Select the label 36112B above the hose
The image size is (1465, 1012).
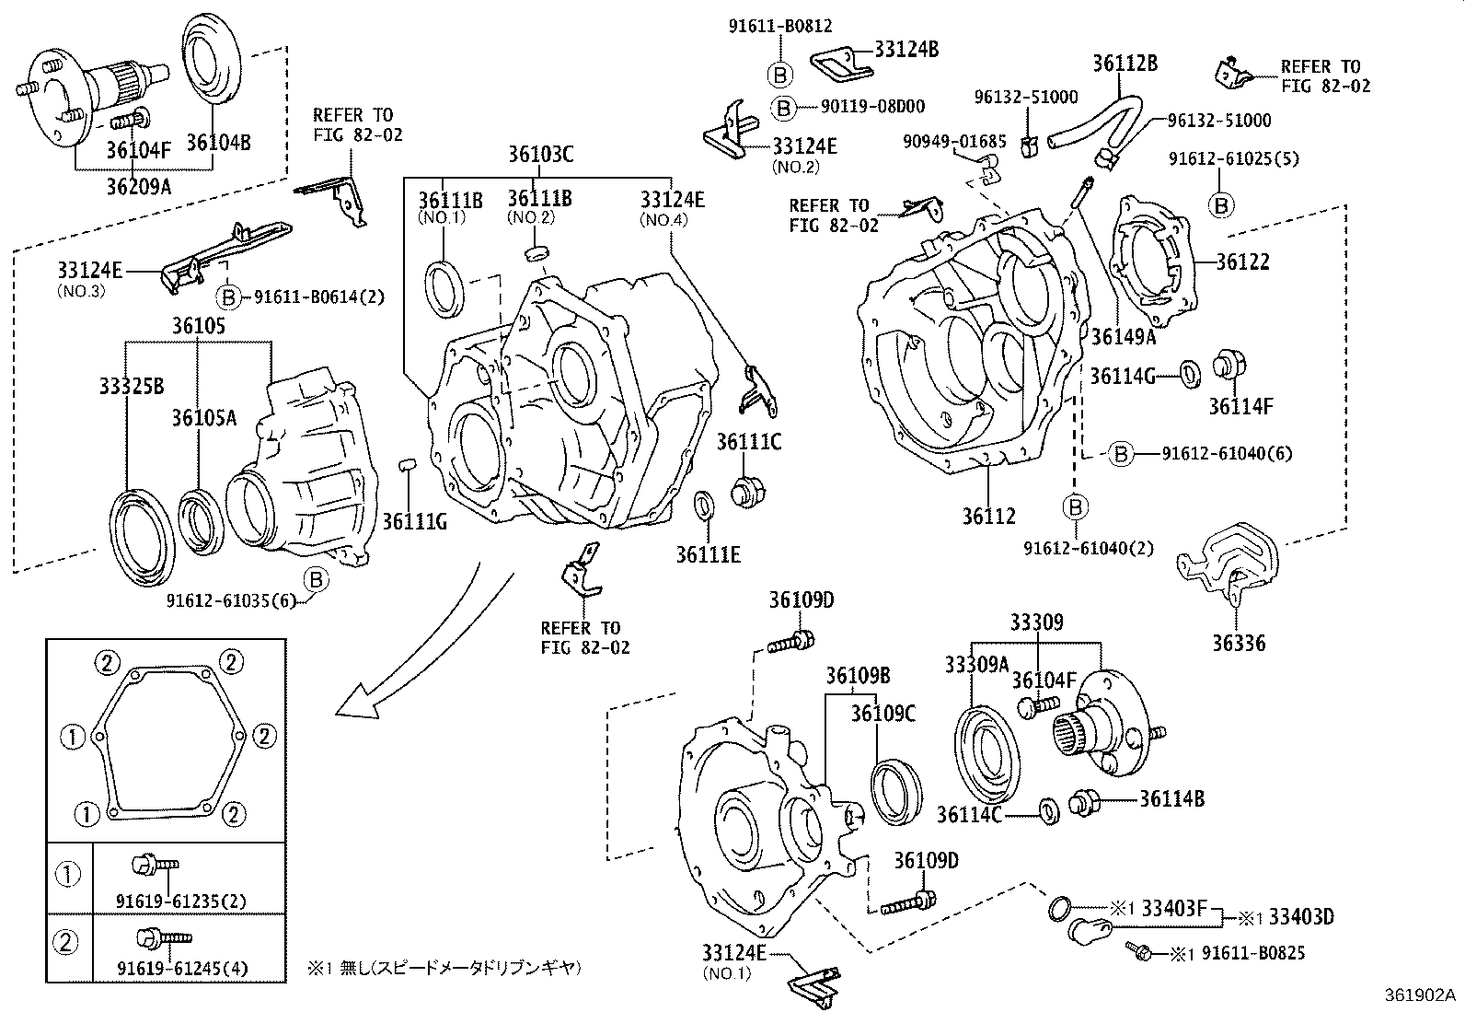(x=1125, y=64)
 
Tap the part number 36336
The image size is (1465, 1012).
(x=1238, y=643)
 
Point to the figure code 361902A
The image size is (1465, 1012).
(x=1422, y=995)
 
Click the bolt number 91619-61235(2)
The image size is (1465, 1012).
(x=168, y=901)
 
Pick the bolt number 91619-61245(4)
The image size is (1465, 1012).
(x=168, y=969)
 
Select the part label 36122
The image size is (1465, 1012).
(x=1242, y=262)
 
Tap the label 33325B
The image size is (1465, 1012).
(x=131, y=385)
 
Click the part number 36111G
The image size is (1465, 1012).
(x=415, y=522)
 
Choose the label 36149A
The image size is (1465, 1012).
(x=1123, y=337)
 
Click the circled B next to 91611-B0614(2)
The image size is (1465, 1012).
(x=227, y=297)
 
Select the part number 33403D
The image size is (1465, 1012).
(x=1301, y=916)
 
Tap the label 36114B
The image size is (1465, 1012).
(x=1171, y=798)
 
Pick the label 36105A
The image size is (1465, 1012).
(x=203, y=418)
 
